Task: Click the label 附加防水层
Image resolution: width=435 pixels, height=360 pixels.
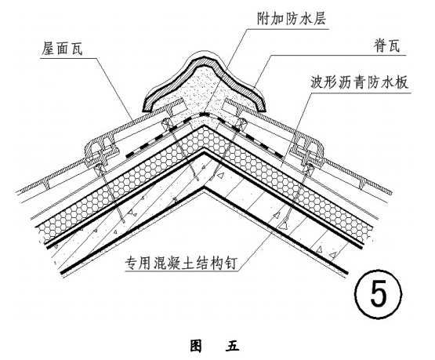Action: (x=292, y=19)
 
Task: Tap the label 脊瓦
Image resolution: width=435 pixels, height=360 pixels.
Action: (x=386, y=45)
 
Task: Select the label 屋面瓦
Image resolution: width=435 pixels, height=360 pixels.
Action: (x=62, y=49)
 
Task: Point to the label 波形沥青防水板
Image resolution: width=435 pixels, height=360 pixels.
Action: (x=360, y=82)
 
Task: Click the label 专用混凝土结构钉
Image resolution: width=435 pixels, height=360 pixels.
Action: (x=180, y=263)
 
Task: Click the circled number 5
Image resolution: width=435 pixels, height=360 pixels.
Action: (x=378, y=293)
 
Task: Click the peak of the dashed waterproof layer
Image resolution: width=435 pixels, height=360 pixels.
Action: (x=205, y=114)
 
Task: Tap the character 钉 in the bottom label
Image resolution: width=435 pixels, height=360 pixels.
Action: (x=230, y=263)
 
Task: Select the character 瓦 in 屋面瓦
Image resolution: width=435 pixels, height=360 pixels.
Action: (x=76, y=49)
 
